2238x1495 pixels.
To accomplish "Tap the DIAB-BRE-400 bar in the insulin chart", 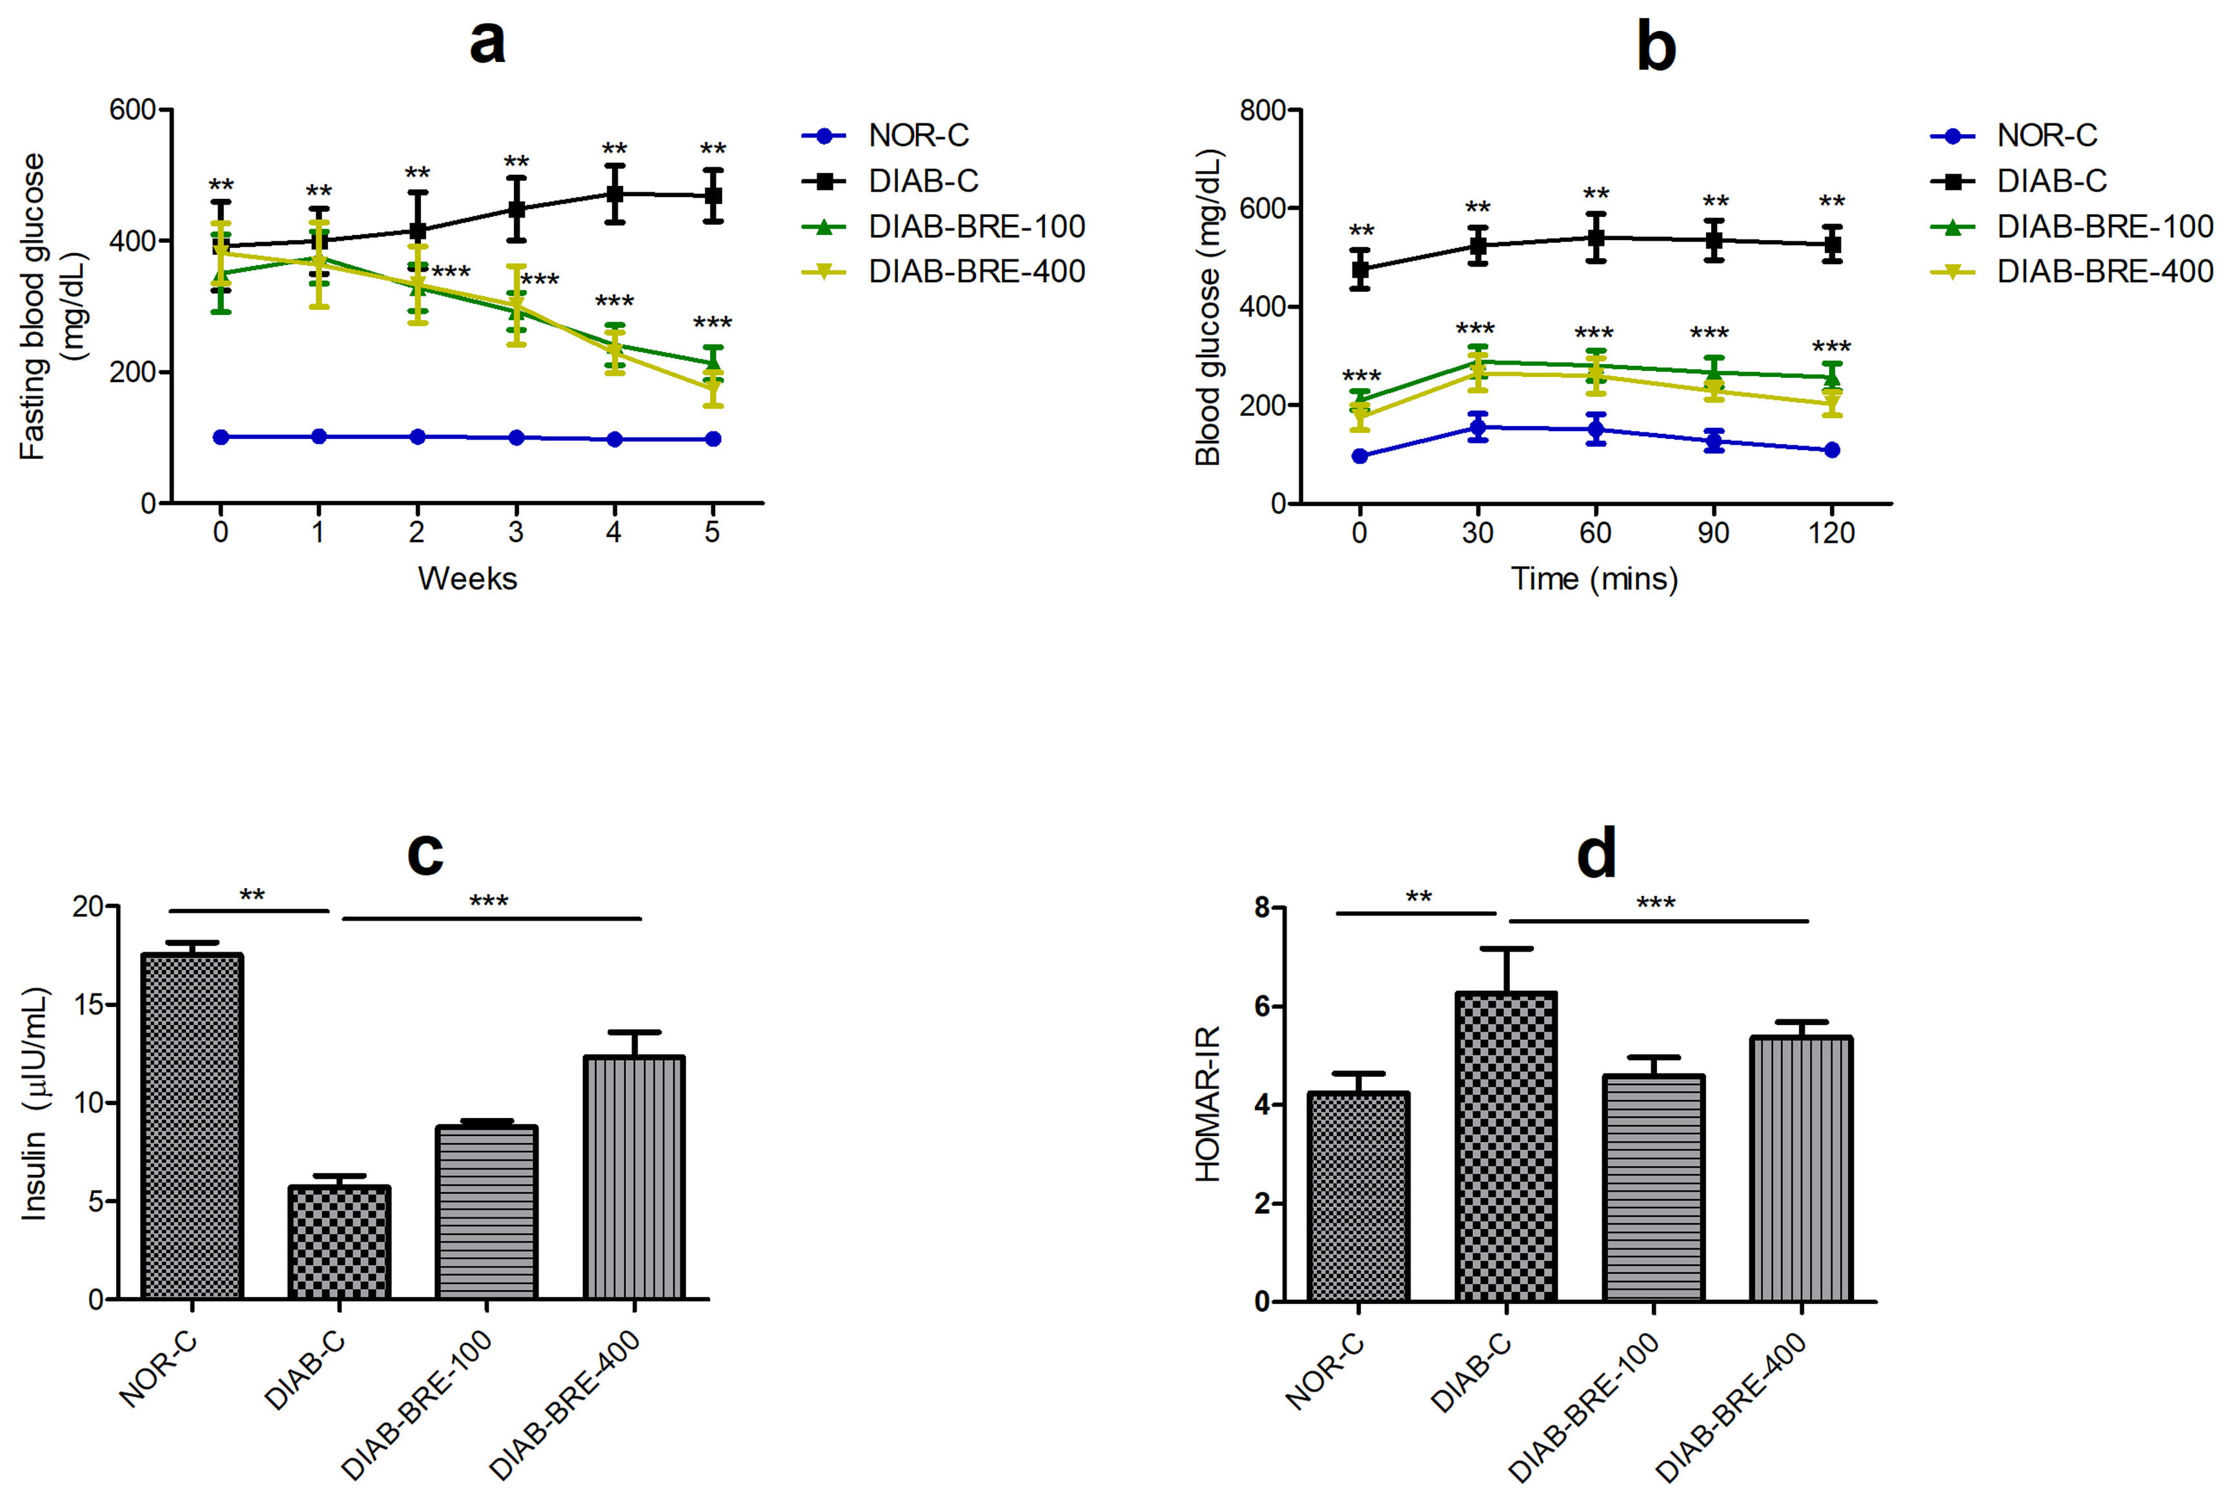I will pos(634,1177).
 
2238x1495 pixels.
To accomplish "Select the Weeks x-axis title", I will pos(467,579).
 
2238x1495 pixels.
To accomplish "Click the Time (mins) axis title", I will pos(1594,579).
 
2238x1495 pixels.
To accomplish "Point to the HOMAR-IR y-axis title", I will pos(1208,1103).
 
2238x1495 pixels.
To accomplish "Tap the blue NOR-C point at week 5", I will pos(712,438).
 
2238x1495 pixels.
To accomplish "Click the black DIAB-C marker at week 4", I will pos(615,194).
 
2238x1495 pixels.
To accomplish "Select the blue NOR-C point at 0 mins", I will pos(1360,456).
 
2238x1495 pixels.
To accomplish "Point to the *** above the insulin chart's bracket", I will pos(489,901).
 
